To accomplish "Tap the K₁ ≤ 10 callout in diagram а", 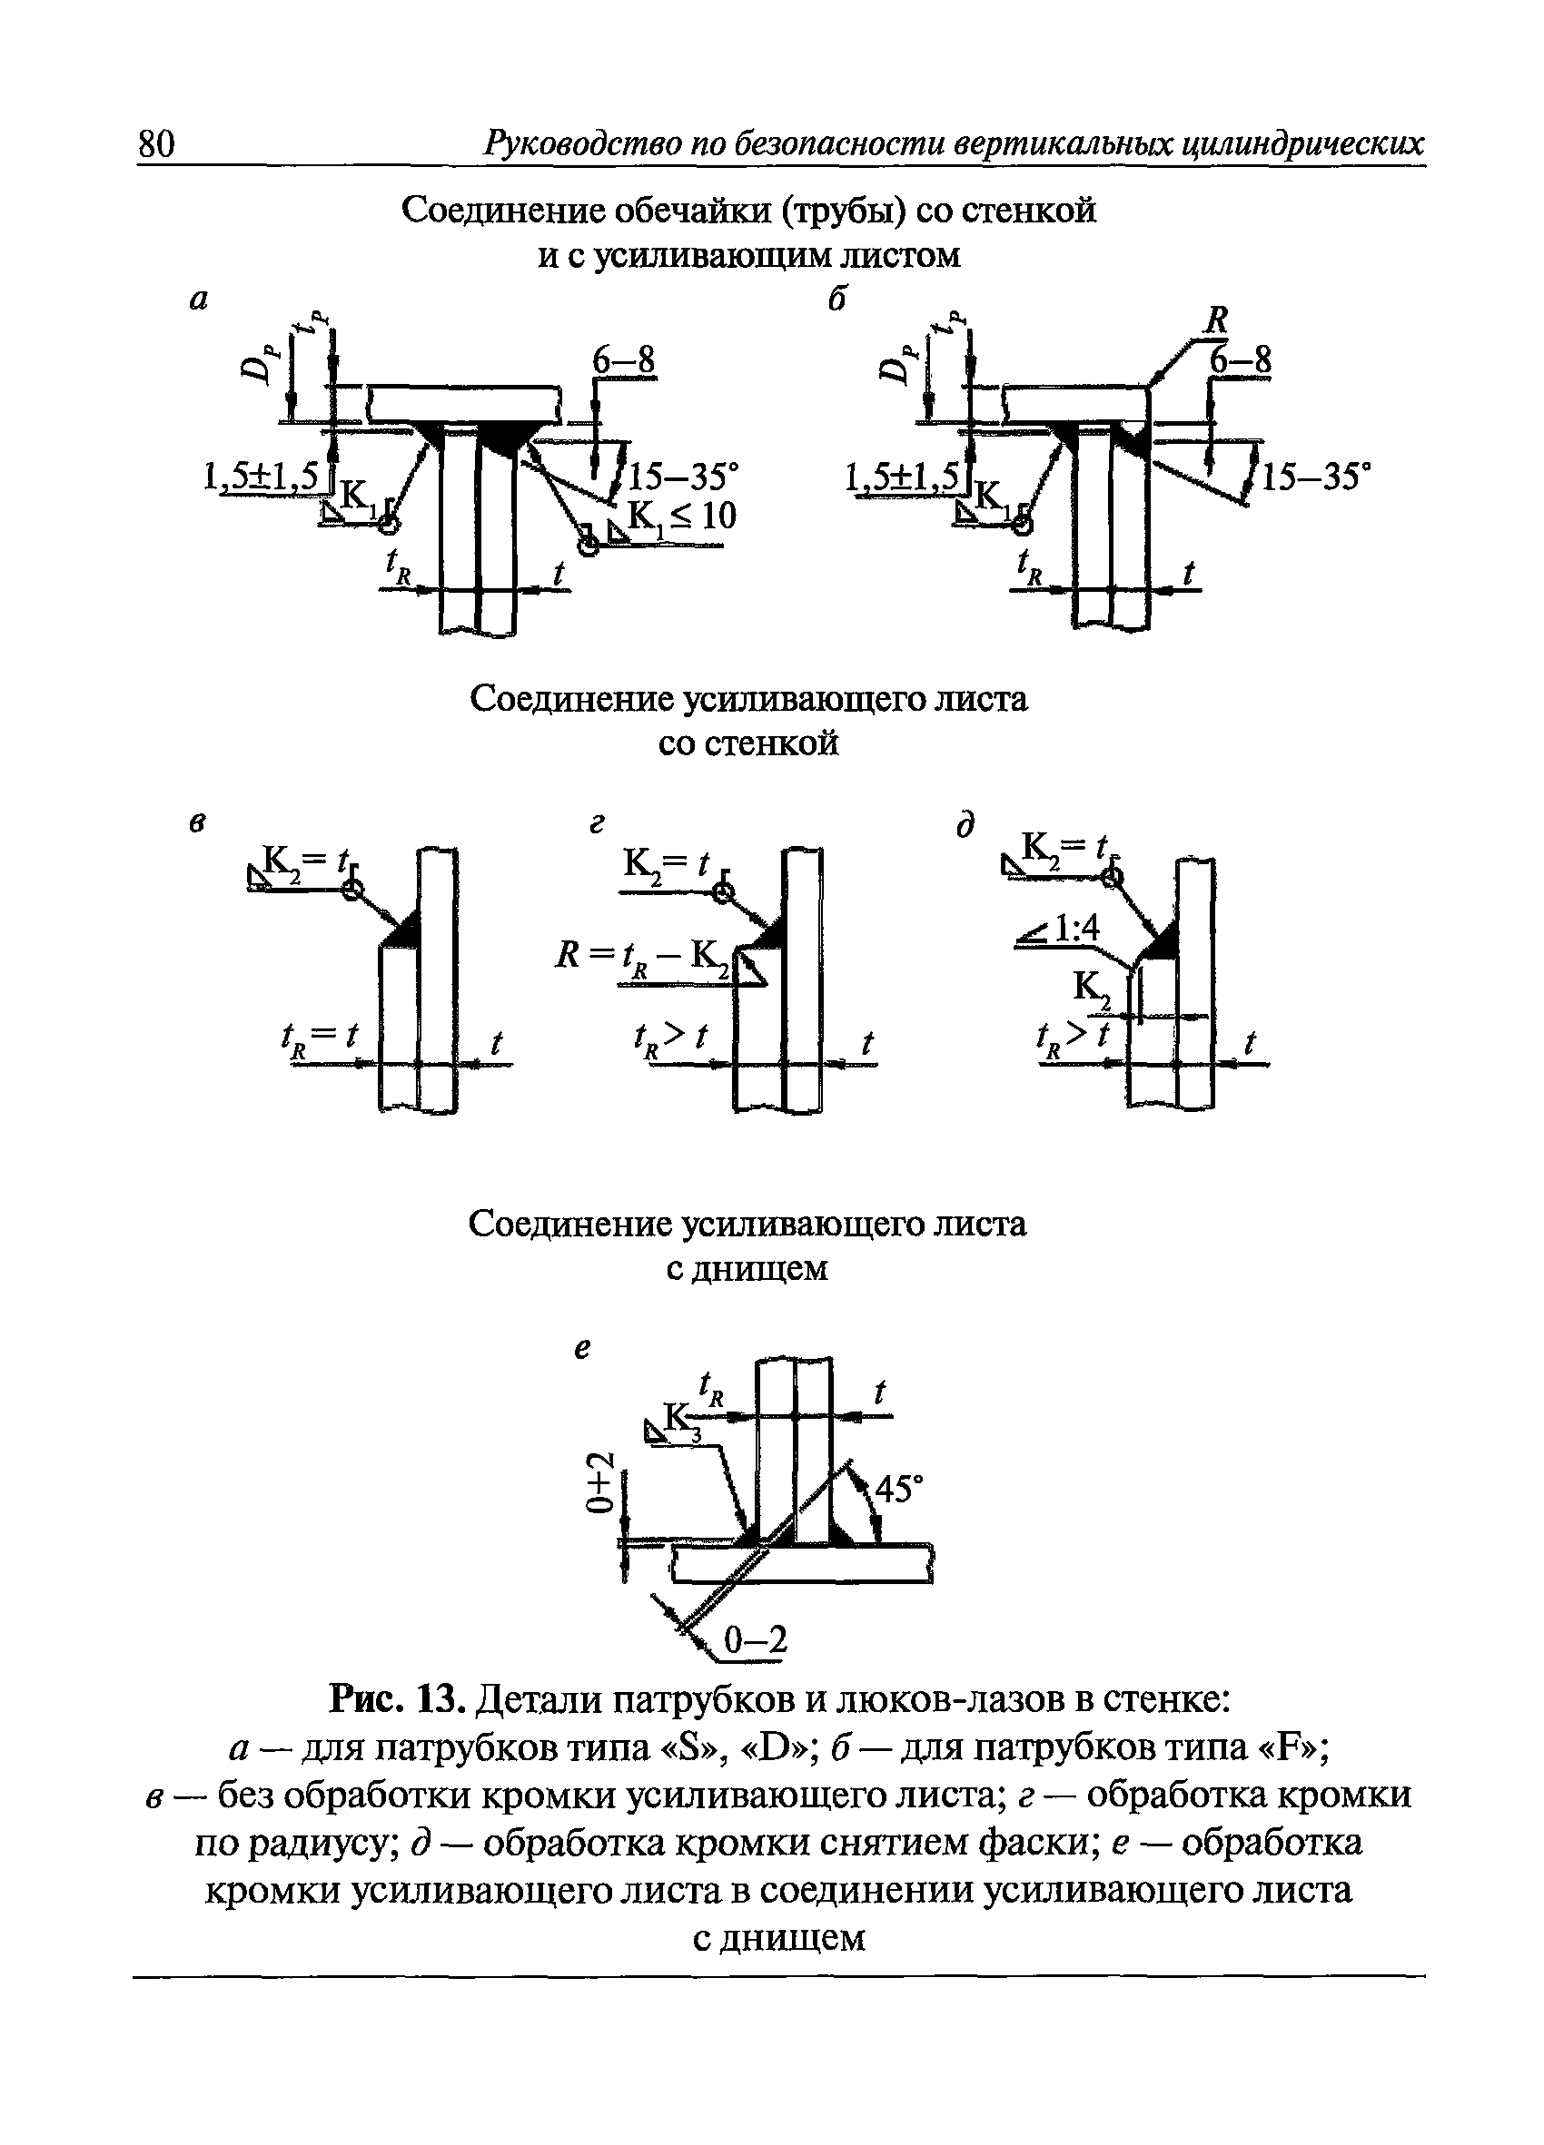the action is tap(682, 517).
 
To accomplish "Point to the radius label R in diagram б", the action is tap(1216, 320).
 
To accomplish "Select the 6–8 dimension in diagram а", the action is tap(623, 359).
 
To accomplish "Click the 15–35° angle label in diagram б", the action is tap(1317, 476).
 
